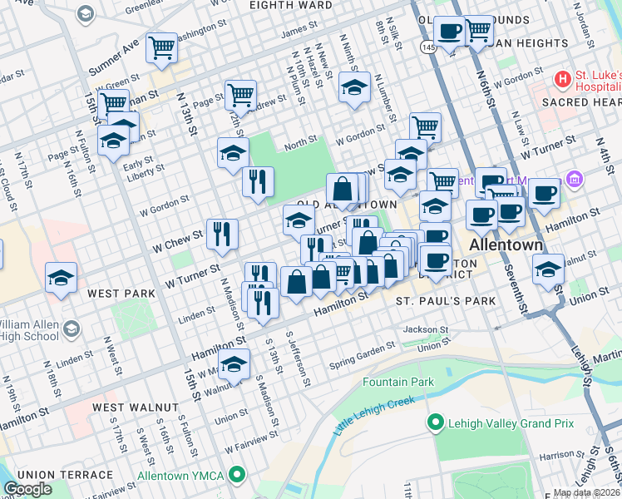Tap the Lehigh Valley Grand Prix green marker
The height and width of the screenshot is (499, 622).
point(434,423)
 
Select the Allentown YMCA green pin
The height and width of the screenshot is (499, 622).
point(238,475)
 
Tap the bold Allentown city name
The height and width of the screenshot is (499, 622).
point(506,246)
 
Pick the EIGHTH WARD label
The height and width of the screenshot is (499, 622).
point(285,4)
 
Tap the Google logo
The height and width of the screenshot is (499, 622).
point(27,489)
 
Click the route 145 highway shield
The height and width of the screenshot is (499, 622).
point(427,48)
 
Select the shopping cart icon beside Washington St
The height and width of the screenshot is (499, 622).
point(160,47)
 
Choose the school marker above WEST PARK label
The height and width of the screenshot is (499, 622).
point(62,278)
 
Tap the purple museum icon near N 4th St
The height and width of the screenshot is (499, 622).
point(574,179)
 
